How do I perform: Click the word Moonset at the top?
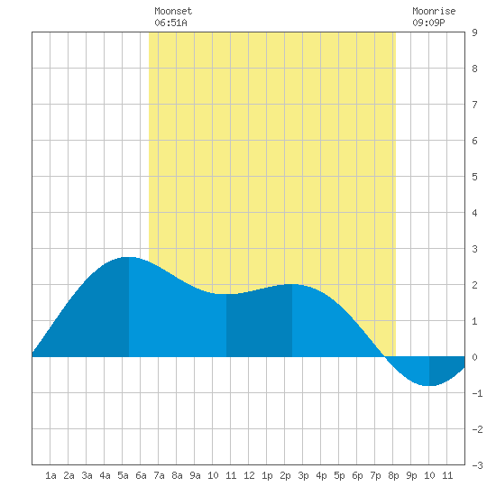173,11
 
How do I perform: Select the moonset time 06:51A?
170,23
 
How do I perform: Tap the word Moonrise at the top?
434,11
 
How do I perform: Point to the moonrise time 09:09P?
428,23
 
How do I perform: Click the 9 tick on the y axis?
474,32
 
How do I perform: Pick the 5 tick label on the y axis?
474,177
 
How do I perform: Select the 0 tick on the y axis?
474,357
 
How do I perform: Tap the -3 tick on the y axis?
477,465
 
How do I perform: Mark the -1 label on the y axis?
477,393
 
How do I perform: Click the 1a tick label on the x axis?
51,475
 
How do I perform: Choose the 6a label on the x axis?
141,475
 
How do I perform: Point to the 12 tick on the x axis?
249,475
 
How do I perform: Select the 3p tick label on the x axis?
303,475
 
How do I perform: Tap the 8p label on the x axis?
393,475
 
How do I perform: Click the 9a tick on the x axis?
195,475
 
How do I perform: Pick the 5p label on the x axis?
339,475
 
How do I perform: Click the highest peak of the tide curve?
128,257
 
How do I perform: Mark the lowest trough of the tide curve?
428,386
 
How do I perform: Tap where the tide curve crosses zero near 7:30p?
385,357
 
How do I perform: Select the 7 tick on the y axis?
474,105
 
